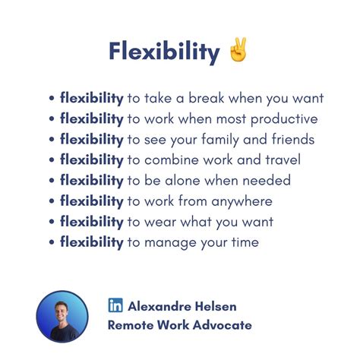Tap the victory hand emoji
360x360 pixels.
(x=236, y=51)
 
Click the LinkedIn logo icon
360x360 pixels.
(x=115, y=305)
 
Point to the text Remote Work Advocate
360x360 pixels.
(x=180, y=325)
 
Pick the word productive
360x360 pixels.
(x=284, y=119)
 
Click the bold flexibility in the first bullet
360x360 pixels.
(x=91, y=99)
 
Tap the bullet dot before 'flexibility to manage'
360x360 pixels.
(x=52, y=243)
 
